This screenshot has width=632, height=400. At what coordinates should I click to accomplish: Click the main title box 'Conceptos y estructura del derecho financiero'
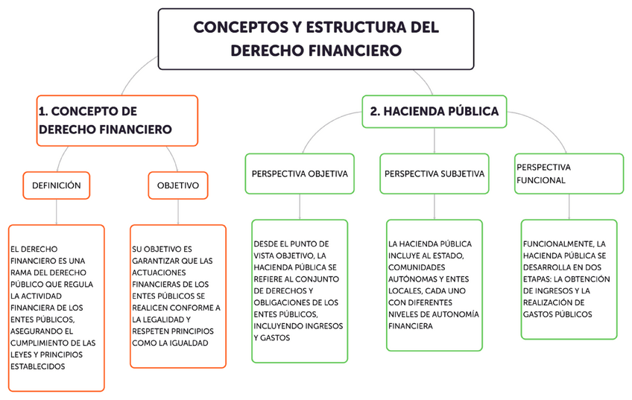[315, 39]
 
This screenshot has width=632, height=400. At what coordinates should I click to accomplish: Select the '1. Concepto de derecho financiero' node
[117, 120]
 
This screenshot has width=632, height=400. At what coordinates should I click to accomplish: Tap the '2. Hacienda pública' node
[434, 112]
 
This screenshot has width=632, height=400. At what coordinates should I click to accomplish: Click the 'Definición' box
[56, 185]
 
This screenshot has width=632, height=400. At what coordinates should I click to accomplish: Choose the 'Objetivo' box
[177, 185]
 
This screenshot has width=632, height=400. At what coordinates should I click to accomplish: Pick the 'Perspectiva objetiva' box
[300, 174]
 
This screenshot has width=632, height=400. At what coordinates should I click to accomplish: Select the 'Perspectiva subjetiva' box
[434, 174]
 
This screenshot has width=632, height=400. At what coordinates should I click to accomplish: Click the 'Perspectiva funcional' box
[568, 174]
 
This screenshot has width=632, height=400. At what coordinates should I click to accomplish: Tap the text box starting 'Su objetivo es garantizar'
[177, 296]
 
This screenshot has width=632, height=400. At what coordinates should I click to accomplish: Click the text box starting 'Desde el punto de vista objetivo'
[300, 291]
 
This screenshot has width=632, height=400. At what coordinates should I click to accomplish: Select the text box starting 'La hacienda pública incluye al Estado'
[434, 285]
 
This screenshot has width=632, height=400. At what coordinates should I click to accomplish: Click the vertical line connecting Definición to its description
[56, 212]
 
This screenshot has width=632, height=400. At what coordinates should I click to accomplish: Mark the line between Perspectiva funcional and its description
[568, 206]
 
